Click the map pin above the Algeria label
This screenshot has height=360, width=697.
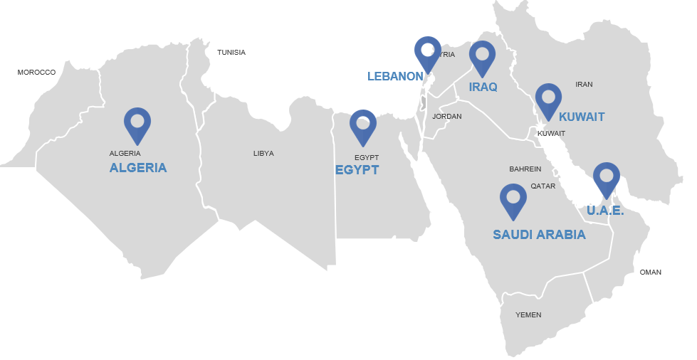point(137,124)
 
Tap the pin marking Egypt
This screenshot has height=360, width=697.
point(363,126)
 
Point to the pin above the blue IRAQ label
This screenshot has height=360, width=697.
point(482,57)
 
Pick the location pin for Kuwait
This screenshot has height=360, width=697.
point(548,100)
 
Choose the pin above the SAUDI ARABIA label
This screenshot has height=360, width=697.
point(513,200)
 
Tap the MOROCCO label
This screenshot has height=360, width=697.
point(36,73)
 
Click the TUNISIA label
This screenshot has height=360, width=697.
point(231,53)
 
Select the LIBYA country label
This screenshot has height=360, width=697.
point(263,154)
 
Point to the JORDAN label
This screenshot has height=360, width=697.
point(447,117)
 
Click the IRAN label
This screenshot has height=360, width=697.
point(584,85)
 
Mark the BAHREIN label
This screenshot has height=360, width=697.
point(525,169)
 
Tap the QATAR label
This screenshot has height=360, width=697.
point(543,186)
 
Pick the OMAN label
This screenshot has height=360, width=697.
point(650,272)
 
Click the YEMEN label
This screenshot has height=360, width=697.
point(528,315)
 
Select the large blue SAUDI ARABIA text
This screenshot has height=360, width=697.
point(539,235)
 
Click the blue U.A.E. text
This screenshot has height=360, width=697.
point(605,211)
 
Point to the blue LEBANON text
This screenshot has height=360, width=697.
point(395,76)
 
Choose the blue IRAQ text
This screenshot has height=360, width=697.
point(483,88)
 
